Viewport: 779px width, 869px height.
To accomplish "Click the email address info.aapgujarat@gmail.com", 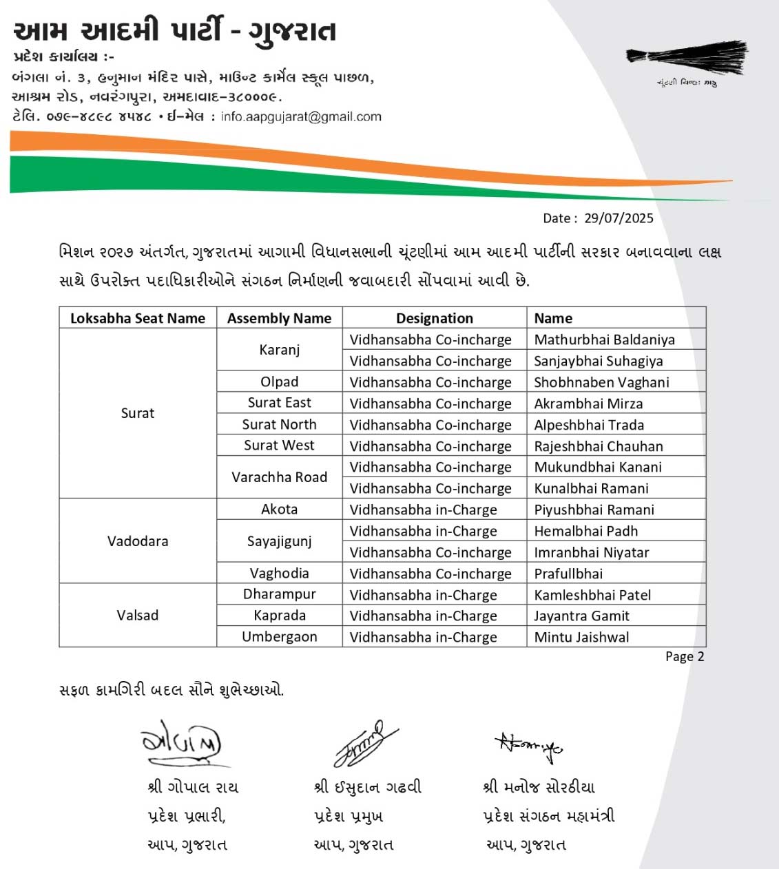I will coord(301,117).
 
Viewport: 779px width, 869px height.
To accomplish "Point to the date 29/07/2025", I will coord(619,218).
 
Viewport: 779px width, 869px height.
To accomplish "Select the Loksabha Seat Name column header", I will coord(138,318).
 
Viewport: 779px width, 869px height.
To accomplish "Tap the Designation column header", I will coord(435,318).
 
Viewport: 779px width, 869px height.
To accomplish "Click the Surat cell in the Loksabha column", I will coord(138,413).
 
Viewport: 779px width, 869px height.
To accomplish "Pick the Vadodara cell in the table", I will coord(138,541).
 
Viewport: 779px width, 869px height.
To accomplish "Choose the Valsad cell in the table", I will coord(138,615).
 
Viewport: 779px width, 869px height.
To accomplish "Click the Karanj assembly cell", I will coord(280,350).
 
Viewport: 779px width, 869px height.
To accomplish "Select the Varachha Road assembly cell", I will coord(280,477).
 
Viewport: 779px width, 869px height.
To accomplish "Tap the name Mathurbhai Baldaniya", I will coord(604,339).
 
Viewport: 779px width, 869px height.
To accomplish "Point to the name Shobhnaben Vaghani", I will coord(601,382).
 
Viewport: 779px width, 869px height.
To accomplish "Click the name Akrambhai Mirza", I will coord(588,404).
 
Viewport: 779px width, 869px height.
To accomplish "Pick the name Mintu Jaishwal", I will coord(581,637).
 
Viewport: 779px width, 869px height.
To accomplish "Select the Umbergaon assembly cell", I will coord(280,637).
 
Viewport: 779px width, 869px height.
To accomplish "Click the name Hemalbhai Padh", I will coord(585,531).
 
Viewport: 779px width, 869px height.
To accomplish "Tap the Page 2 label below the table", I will coord(685,657).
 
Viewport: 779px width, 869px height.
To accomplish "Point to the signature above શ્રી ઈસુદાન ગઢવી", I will coord(365,744).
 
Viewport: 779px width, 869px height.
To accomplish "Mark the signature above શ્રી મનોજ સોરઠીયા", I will coord(529,746).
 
